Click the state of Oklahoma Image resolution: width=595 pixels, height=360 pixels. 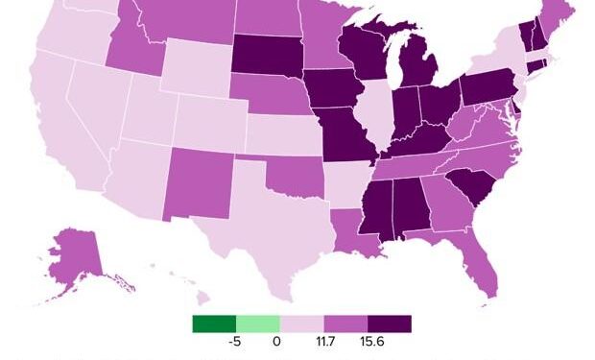tap(288, 178)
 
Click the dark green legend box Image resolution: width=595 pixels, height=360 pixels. tap(214, 324)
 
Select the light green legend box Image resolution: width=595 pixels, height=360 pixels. tap(258, 324)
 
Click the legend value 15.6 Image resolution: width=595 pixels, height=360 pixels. tap(369, 342)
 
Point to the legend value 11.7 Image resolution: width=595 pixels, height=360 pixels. tap(324, 342)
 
